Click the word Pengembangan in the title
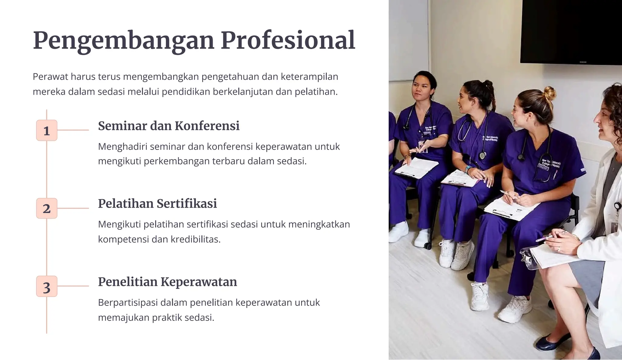point(123,41)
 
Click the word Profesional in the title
point(288,40)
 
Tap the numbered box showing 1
point(46,131)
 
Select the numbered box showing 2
point(46,209)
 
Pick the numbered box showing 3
point(46,287)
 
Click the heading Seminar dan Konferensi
point(169,126)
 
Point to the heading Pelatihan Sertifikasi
point(157,203)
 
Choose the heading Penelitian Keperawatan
point(167,282)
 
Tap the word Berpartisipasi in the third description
point(128,303)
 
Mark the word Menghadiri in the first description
point(122,147)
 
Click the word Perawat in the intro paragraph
point(50,76)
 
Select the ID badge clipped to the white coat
point(615,226)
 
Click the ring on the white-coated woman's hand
point(558,249)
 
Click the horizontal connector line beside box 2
point(73,208)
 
